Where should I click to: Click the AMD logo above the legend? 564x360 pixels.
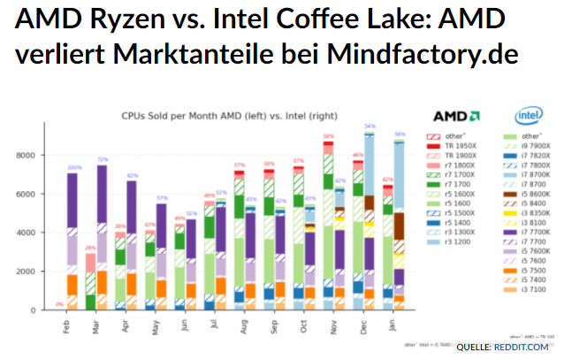456,115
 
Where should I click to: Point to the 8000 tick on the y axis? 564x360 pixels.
47,155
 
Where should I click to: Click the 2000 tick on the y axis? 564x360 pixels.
47,271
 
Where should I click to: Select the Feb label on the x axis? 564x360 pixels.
67,325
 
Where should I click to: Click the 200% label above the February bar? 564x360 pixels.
74,167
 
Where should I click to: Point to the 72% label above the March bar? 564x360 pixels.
103,159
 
